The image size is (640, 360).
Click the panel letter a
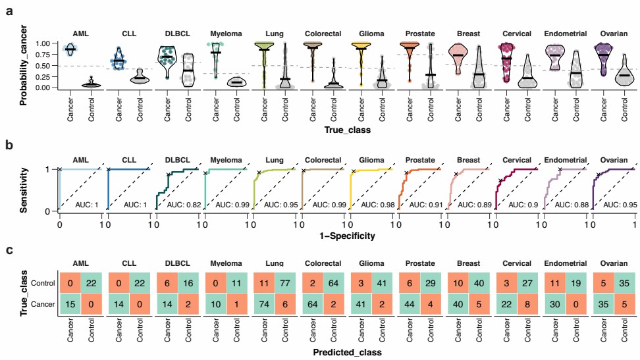[10, 11]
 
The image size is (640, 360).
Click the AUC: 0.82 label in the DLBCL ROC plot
[182, 205]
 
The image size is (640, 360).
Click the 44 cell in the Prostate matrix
[408, 305]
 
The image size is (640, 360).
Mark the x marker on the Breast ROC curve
[455, 174]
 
